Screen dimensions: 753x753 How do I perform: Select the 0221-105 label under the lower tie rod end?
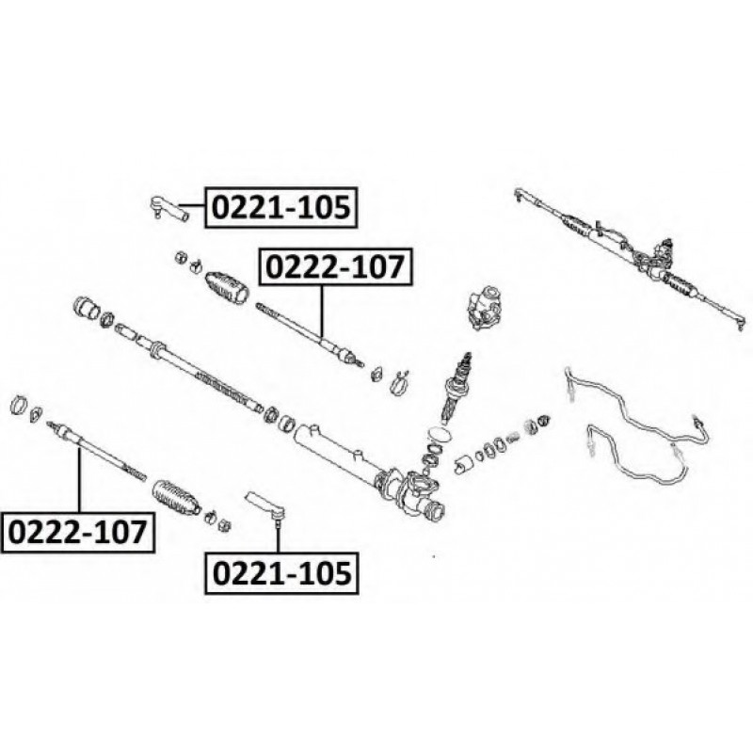[280, 571]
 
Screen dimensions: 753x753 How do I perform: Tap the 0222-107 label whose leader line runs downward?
[336, 267]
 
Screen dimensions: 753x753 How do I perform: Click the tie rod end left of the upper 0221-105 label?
[168, 207]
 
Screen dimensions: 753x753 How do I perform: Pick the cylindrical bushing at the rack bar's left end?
[87, 308]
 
